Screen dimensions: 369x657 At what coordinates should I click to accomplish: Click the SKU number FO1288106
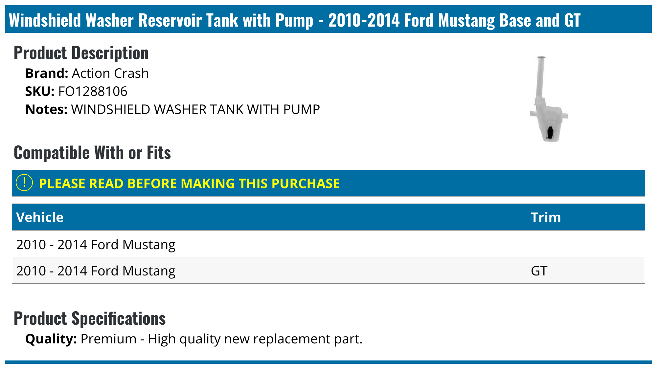tap(93, 92)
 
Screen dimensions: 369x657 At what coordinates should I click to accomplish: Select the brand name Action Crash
tap(110, 74)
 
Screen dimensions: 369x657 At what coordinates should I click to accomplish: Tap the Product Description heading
tap(81, 53)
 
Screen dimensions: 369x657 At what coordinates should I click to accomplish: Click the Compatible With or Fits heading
tap(92, 153)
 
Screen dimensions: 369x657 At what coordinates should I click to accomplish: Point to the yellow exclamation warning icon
tap(24, 183)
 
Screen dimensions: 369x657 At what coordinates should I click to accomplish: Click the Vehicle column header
tap(40, 217)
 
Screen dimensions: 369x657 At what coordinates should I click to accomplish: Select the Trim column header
tap(546, 217)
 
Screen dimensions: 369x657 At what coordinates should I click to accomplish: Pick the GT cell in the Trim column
tap(539, 271)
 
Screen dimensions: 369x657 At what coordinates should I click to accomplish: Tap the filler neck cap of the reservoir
tap(541, 58)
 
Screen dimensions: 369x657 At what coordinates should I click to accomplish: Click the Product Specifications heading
tap(90, 318)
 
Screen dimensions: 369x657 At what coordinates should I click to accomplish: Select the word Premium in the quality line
tap(108, 339)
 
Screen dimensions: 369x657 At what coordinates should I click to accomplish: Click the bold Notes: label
tap(46, 110)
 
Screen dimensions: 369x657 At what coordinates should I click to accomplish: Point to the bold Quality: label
tap(51, 339)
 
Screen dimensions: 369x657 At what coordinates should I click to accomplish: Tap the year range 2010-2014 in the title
tap(364, 20)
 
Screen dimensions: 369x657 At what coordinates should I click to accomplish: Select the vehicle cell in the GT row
tap(96, 271)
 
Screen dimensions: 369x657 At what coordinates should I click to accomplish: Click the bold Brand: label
tap(47, 74)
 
